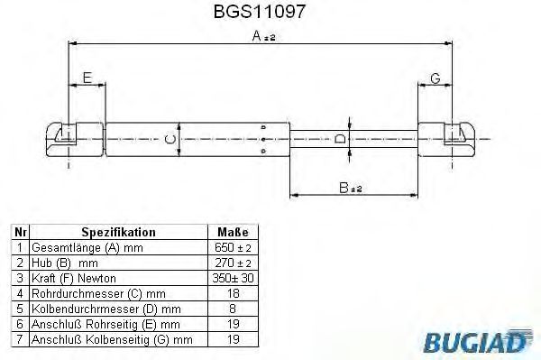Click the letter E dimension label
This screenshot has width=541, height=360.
pos(87,78)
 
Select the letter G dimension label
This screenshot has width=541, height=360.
pos(435,78)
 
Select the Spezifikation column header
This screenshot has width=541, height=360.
pos(119,232)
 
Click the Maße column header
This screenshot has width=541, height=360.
pos(232,232)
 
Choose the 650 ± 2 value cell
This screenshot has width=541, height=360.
pos(232,247)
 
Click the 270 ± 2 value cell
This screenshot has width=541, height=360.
pos(232,263)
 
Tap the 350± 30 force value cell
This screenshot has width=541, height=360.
pos(232,278)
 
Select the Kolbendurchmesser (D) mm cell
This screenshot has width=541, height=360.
pos(98,309)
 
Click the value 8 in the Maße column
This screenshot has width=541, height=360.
pos(232,309)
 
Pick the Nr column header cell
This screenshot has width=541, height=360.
pos(19,232)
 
